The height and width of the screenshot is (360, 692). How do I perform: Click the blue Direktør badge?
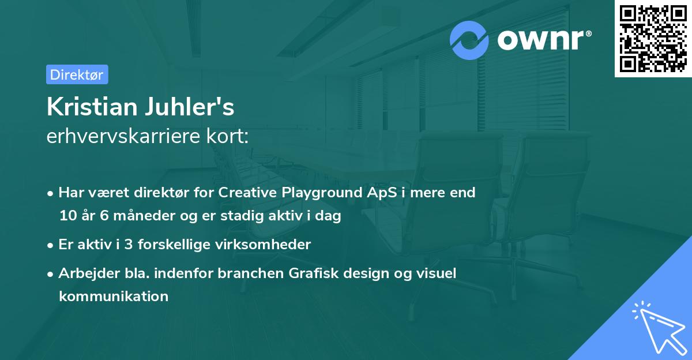point(77,74)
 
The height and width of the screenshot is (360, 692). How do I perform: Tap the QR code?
point(653,39)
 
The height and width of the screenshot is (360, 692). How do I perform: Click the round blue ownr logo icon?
point(469,40)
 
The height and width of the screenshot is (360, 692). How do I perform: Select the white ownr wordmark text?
point(540,40)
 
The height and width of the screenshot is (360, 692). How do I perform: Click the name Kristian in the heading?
point(92,107)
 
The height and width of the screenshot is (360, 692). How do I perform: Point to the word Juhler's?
point(190,107)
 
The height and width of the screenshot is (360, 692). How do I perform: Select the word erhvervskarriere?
point(123,136)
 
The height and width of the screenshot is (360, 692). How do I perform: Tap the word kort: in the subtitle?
point(227,136)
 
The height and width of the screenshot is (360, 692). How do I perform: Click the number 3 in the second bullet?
point(129,245)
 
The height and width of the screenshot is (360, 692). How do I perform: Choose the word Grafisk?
point(314,273)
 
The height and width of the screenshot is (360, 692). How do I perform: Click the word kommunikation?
point(114,296)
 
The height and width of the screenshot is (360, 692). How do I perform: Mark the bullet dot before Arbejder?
point(50,275)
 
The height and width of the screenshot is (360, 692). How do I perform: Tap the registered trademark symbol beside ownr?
point(589,33)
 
